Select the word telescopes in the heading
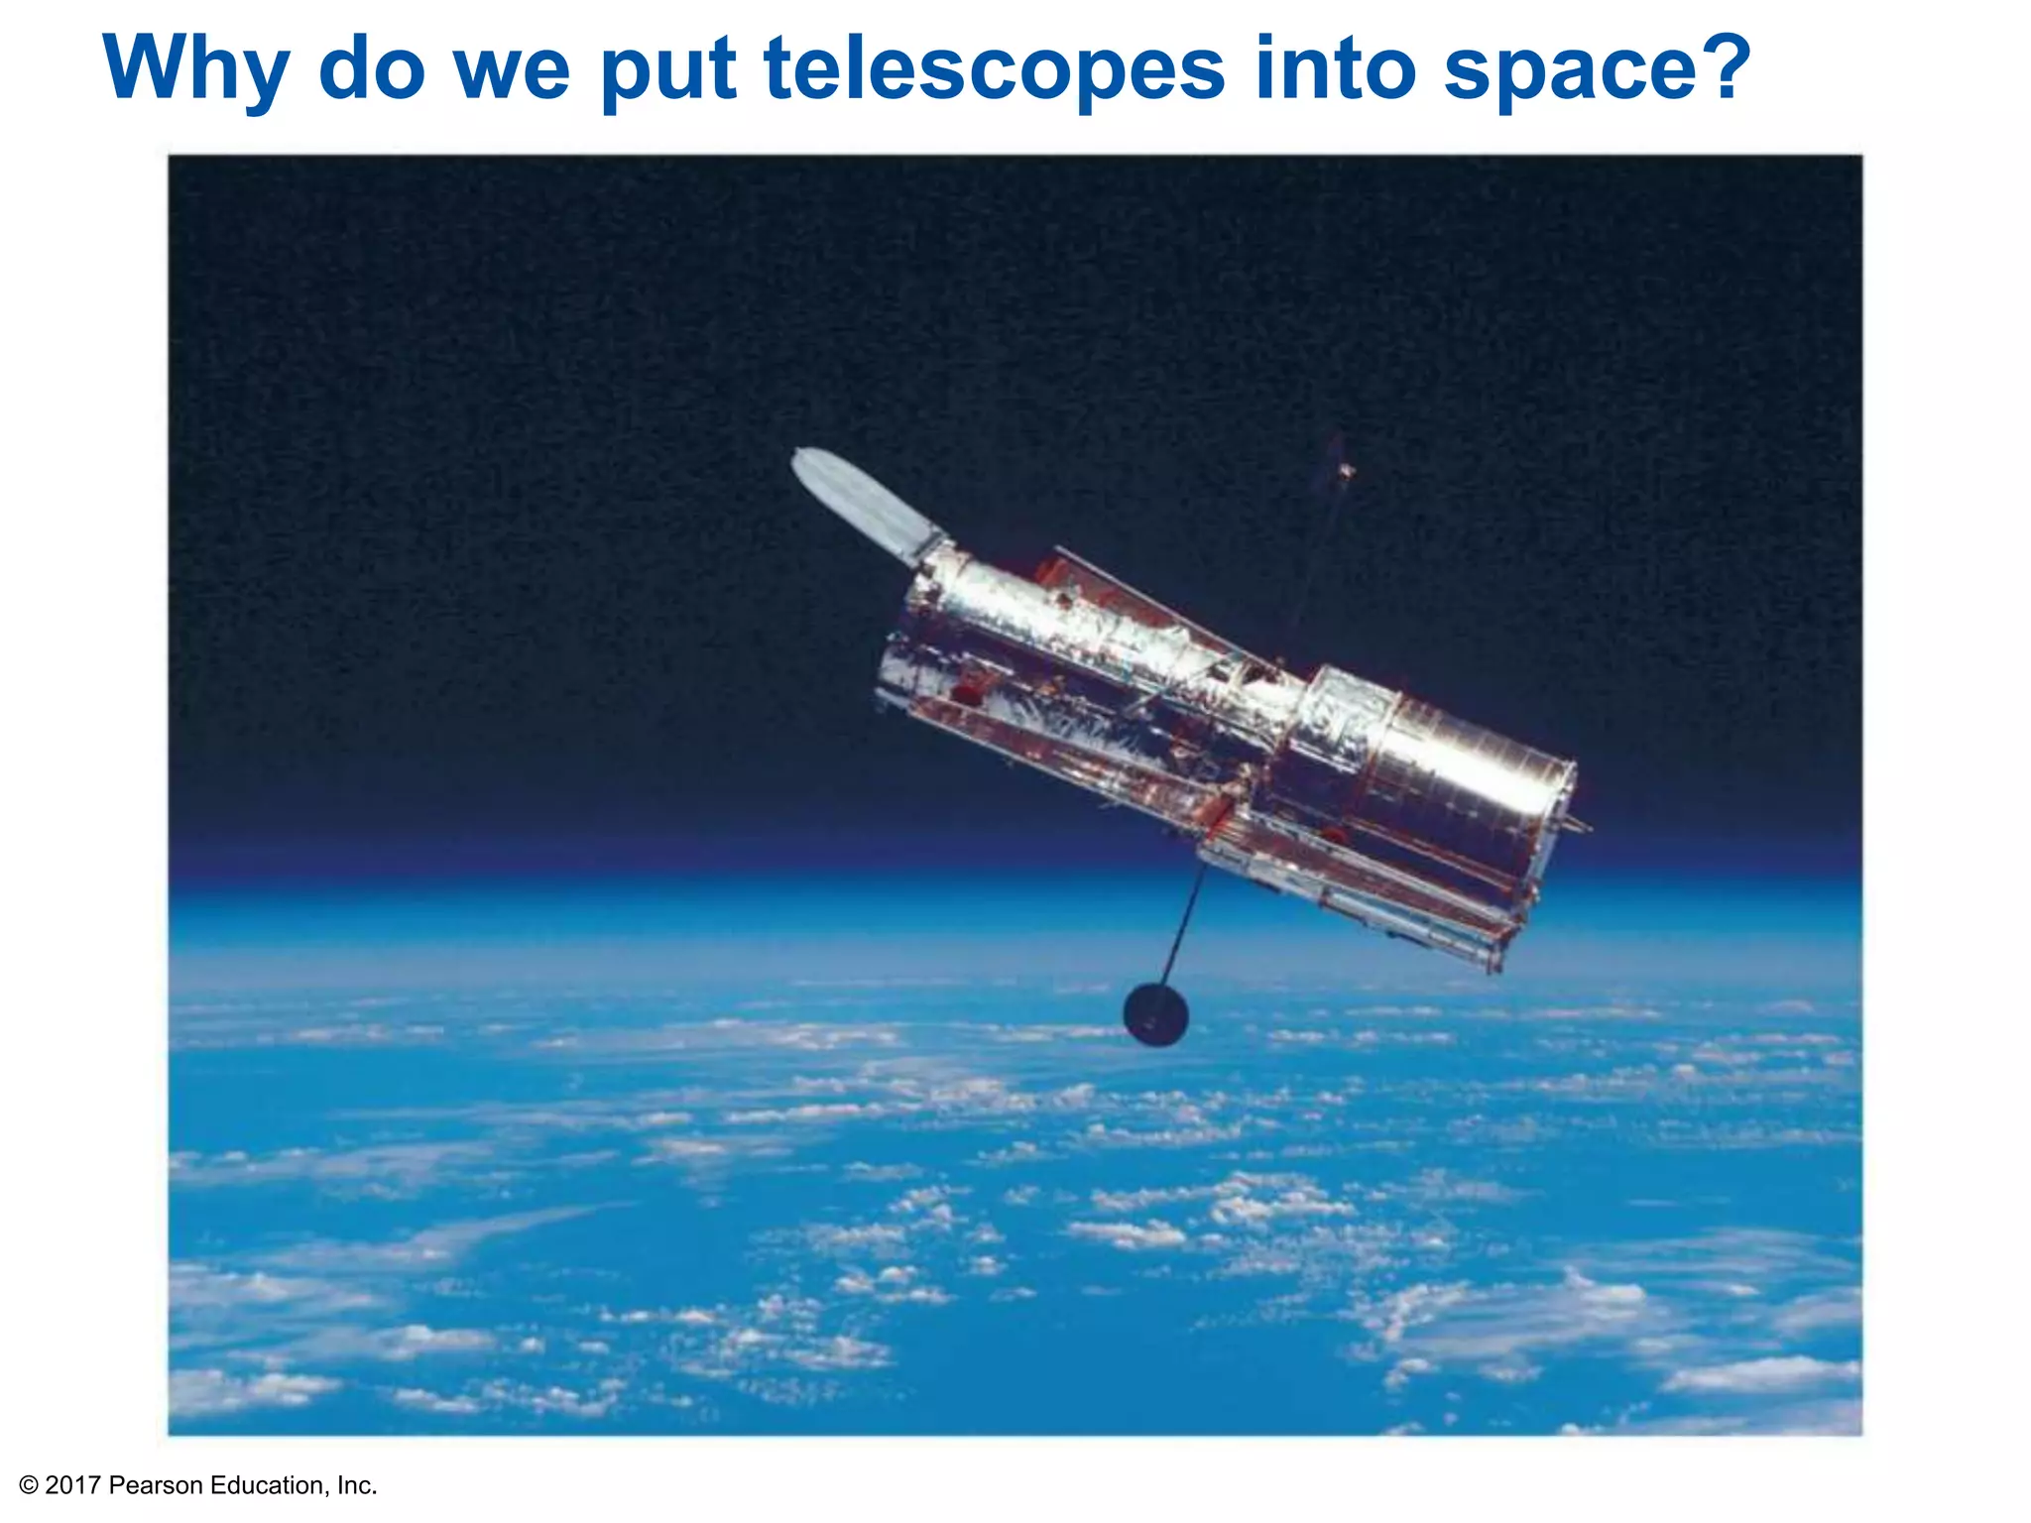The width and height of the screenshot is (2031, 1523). click(995, 69)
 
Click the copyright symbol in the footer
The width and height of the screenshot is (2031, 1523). click(29, 1485)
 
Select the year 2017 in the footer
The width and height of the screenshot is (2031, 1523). click(72, 1485)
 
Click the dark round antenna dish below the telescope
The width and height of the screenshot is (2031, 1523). click(1155, 1014)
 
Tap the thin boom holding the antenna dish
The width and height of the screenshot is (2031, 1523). click(1186, 922)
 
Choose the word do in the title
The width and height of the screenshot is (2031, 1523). click(372, 69)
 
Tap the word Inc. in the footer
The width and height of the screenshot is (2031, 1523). click(357, 1485)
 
